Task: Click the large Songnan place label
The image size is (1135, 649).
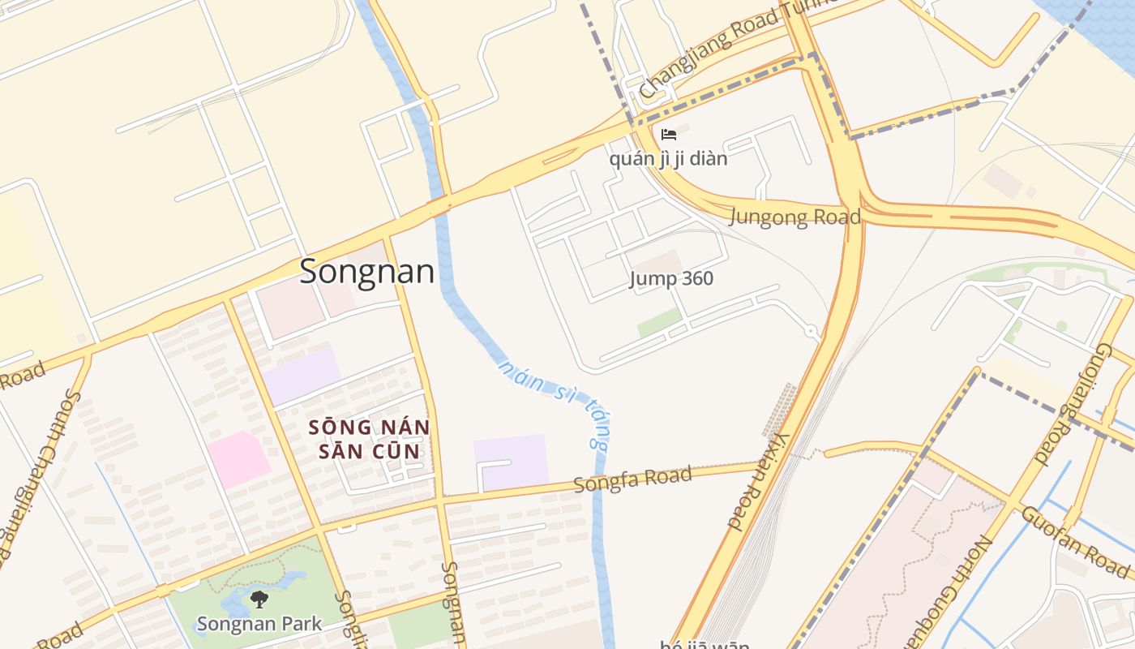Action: pos(366,272)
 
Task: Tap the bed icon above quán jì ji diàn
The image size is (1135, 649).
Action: pos(669,135)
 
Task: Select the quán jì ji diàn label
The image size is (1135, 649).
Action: pos(668,158)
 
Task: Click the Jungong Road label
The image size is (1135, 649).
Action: pos(794,217)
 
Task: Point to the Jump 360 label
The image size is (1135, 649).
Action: pos(671,279)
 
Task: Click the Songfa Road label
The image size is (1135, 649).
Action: pos(632,479)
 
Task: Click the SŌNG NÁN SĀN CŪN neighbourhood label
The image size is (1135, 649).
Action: pos(369,439)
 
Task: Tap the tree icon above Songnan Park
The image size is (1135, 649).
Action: pos(259,600)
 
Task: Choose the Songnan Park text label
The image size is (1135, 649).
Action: pos(259,624)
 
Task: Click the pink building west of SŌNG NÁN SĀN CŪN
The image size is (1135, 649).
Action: pos(238,459)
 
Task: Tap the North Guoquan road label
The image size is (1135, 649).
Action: pos(965,592)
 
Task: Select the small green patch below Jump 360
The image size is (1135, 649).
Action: pos(658,322)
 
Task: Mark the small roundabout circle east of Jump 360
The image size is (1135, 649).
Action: pos(810,331)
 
